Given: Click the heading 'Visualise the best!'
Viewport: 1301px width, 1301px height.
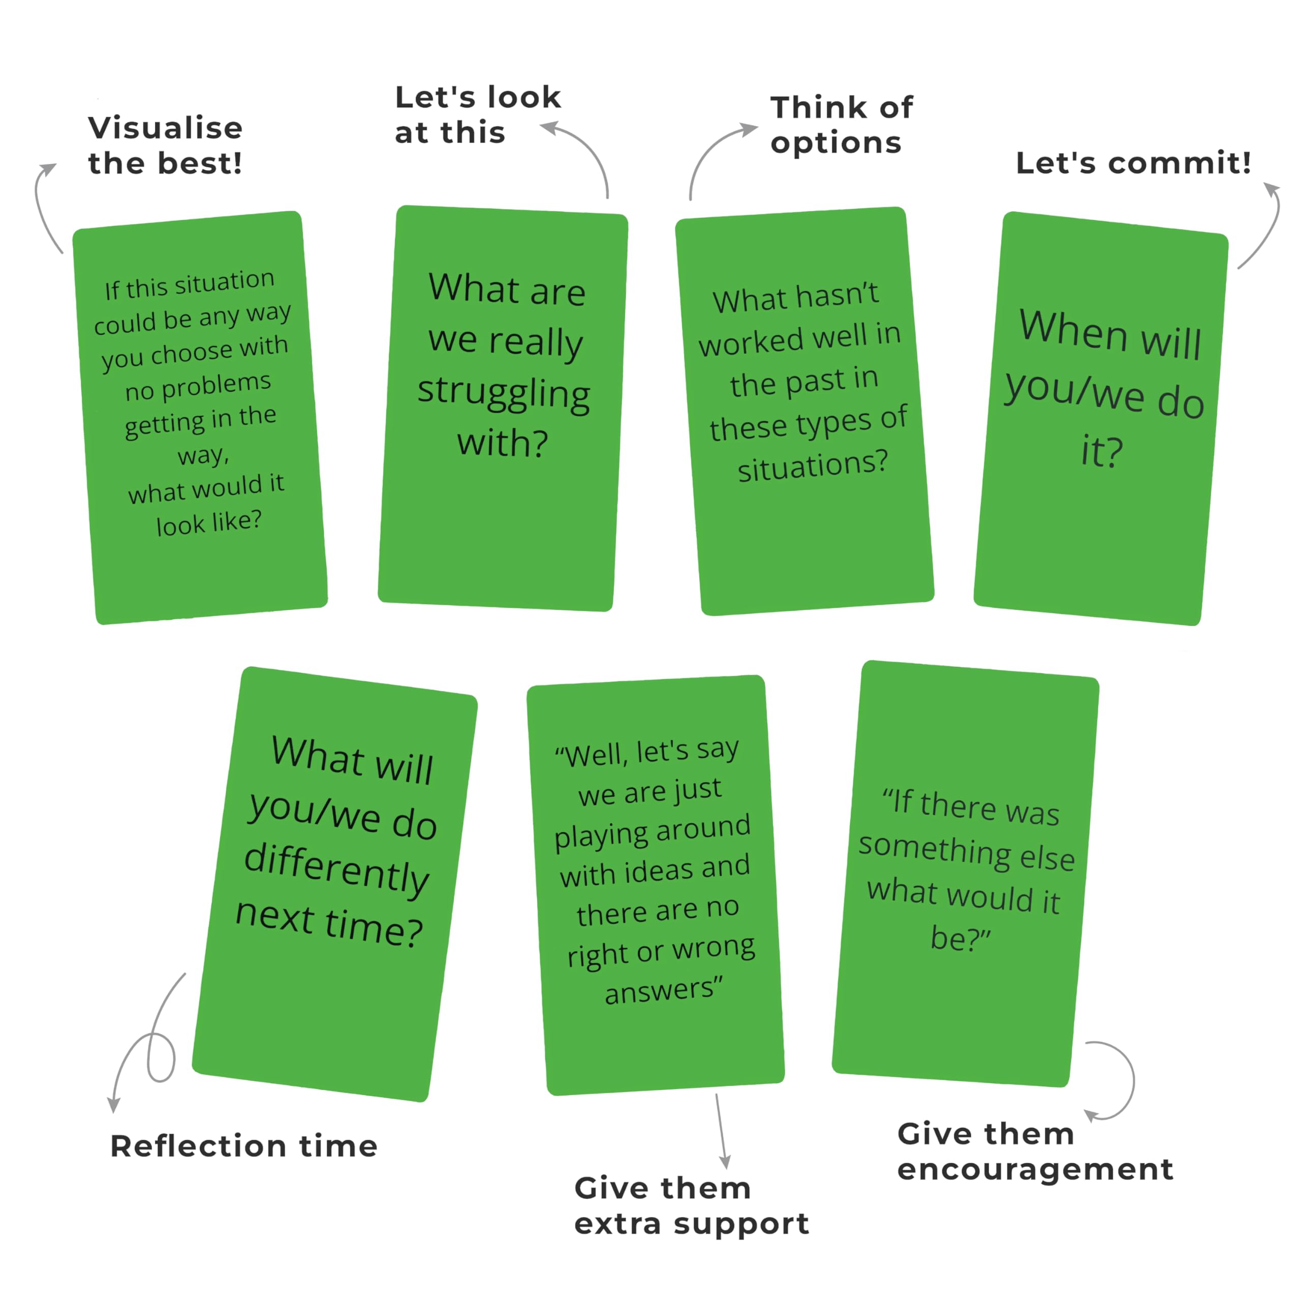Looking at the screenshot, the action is (x=165, y=145).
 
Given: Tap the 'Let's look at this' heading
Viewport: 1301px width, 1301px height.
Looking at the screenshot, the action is (x=477, y=114).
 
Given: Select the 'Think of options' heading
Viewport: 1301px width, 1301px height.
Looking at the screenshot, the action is (x=842, y=125).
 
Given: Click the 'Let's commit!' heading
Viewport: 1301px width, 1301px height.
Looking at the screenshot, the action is (x=1133, y=163).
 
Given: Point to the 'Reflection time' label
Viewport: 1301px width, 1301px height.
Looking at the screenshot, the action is (x=244, y=1146).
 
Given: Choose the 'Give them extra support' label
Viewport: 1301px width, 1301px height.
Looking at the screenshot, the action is (x=692, y=1206).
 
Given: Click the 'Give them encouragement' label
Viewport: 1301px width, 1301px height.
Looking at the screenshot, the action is (x=1036, y=1152).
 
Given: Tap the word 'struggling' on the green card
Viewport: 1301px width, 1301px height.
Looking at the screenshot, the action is (x=504, y=393).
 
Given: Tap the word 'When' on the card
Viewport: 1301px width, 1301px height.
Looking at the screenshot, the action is (x=1073, y=330).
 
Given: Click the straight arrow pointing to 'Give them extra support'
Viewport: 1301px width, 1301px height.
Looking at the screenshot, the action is (x=722, y=1131).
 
